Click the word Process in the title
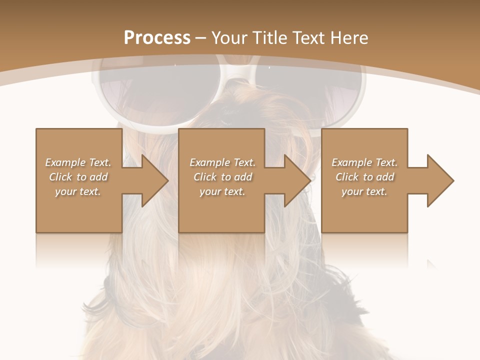click(157, 37)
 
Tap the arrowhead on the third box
click(438, 180)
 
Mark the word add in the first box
click(98, 177)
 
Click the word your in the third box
click(352, 191)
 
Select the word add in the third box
click(385, 177)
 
